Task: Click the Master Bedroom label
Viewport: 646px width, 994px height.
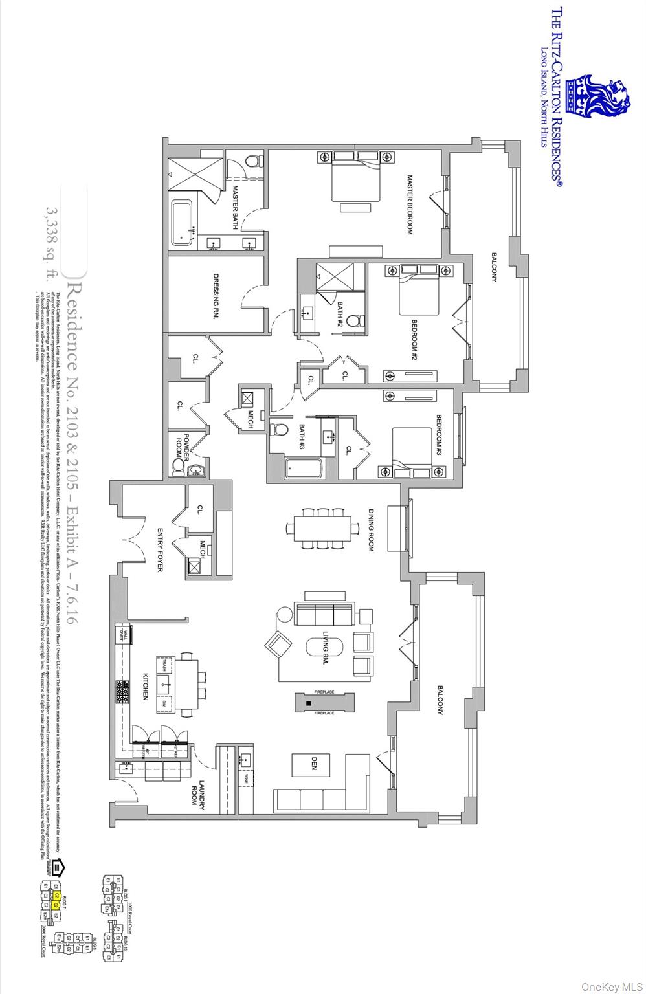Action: (x=410, y=204)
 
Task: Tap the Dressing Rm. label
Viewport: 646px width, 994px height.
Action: (x=218, y=295)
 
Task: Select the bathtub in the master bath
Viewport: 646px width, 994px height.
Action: (x=183, y=224)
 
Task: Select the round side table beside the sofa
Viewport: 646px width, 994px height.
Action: (x=284, y=614)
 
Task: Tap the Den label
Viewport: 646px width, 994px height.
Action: (x=314, y=766)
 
